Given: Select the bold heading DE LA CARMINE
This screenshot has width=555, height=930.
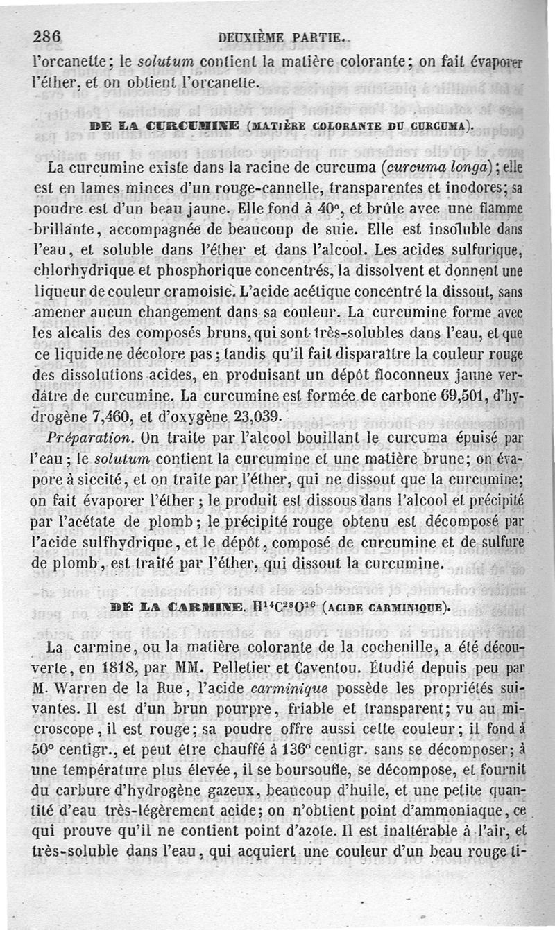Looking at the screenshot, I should coord(175,608).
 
